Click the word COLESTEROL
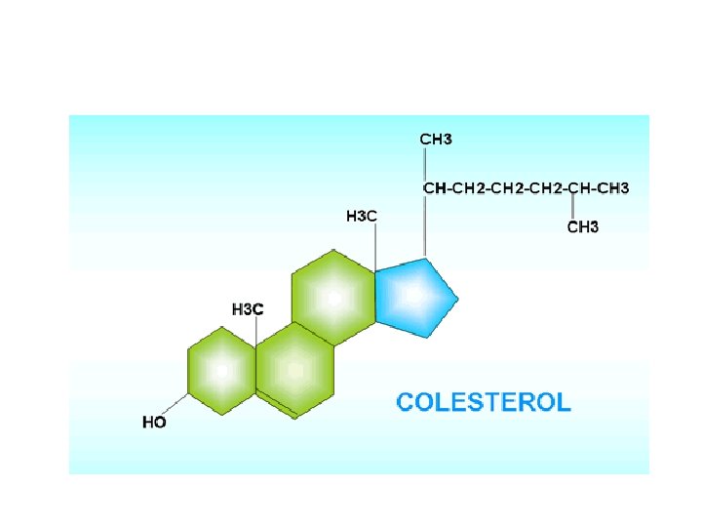point(483,402)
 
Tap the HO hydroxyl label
point(154,423)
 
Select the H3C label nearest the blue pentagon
point(362,216)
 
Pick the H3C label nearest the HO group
point(247,309)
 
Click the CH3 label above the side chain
point(436,140)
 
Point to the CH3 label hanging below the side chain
point(583,228)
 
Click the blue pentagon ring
point(413,297)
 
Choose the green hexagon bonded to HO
point(221,371)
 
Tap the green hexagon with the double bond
point(293,371)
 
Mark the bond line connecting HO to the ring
point(175,406)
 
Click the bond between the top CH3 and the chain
point(424,163)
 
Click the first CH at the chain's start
point(432,187)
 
